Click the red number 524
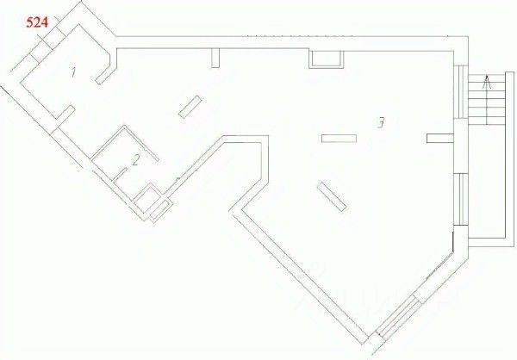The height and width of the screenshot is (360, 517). click(x=36, y=24)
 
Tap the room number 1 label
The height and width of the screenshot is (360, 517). click(x=73, y=73)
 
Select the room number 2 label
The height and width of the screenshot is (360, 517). click(x=135, y=159)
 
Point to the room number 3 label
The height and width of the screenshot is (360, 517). click(x=380, y=122)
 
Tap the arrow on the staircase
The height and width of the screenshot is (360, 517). click(x=488, y=83)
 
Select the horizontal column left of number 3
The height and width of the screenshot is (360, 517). click(x=339, y=138)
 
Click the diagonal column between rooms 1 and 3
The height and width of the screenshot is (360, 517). click(x=190, y=106)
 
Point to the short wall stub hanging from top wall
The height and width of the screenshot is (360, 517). click(x=216, y=59)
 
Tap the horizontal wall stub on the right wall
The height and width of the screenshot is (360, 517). click(x=439, y=137)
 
